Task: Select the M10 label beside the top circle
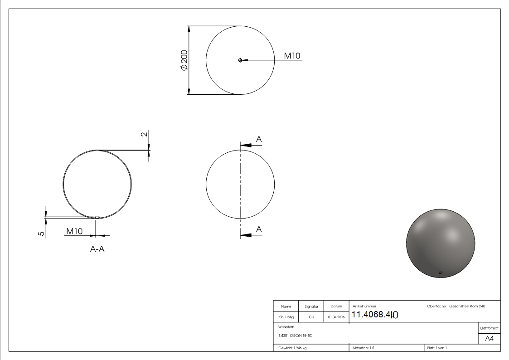tap(292, 56)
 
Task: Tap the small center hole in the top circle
tap(240, 60)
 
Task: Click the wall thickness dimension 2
tap(144, 135)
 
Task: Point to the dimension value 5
tap(41, 233)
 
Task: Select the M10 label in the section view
tap(74, 231)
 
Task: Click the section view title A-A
tap(97, 249)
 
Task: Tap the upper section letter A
tap(259, 140)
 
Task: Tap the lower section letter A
tap(259, 230)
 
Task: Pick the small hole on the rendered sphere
tap(440, 272)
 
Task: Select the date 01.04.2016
tap(336, 317)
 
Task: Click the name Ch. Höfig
tap(286, 317)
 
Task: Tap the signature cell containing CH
tap(311, 317)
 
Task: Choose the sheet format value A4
tap(489, 339)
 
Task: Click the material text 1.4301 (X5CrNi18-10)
tap(296, 336)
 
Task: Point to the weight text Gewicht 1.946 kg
tap(293, 348)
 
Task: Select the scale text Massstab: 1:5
tap(363, 348)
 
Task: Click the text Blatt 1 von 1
tap(436, 348)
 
